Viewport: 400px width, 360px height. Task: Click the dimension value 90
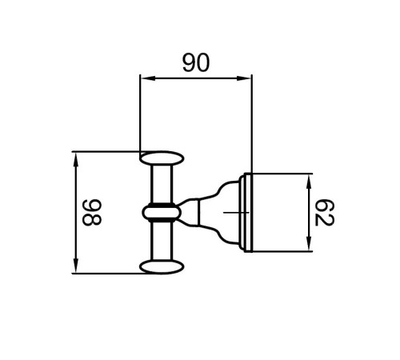[x=196, y=62]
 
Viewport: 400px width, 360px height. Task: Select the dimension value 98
[x=92, y=213]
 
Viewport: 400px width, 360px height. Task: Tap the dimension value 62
[x=325, y=213]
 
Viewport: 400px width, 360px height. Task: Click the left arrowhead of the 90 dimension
[x=148, y=78]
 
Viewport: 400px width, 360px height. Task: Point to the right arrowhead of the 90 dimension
[x=244, y=78]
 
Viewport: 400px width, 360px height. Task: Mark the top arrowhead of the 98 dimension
[x=76, y=159]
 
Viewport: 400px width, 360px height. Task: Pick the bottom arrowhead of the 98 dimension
[x=76, y=266]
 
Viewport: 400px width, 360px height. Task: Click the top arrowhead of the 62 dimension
[x=309, y=182]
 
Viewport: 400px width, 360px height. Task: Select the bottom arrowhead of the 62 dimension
[x=309, y=243]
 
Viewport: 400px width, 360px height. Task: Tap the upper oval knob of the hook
[x=162, y=158]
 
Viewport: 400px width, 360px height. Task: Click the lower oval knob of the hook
[x=162, y=267]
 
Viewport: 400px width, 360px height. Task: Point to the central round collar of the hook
[x=162, y=213]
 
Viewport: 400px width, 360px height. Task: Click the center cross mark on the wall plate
[x=236, y=213]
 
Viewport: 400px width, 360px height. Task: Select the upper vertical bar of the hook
[x=162, y=184]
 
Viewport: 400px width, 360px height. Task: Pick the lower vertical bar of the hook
[x=162, y=241]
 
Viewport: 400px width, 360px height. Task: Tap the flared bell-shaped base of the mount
[x=218, y=213]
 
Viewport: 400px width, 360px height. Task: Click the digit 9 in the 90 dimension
[x=190, y=62]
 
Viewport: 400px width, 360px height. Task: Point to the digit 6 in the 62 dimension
[x=325, y=206]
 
